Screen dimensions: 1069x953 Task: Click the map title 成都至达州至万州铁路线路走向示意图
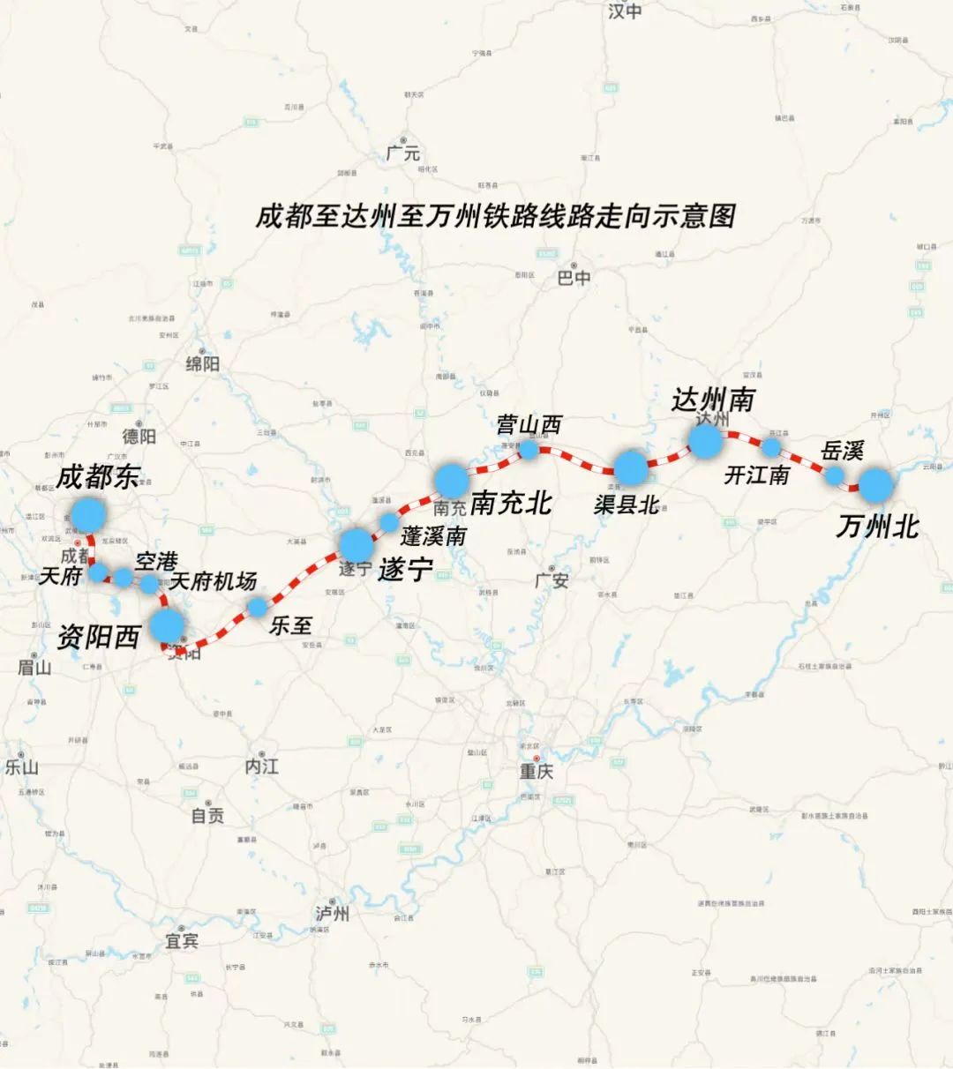tap(495, 216)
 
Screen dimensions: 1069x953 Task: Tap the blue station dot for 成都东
tap(88, 513)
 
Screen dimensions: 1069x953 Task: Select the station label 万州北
tap(877, 527)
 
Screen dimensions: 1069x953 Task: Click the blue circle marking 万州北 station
tap(876, 484)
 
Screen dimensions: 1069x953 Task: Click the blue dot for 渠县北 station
tap(631, 467)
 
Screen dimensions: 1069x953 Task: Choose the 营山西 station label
tap(529, 425)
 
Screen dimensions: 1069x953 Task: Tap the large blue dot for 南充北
tap(451, 479)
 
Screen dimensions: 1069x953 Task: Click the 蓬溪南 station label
tap(433, 535)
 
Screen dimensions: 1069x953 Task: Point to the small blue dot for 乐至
tap(257, 607)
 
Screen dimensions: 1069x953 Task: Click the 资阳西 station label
tap(98, 636)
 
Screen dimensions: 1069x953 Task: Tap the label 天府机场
tap(213, 580)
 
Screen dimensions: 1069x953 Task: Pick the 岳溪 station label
tap(841, 452)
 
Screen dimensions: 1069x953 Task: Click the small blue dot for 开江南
tap(771, 448)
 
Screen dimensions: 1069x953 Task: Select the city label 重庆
tap(536, 772)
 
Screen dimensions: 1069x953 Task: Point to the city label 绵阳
tap(202, 363)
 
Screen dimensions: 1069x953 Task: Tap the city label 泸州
tap(332, 914)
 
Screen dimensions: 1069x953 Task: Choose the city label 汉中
tap(625, 11)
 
